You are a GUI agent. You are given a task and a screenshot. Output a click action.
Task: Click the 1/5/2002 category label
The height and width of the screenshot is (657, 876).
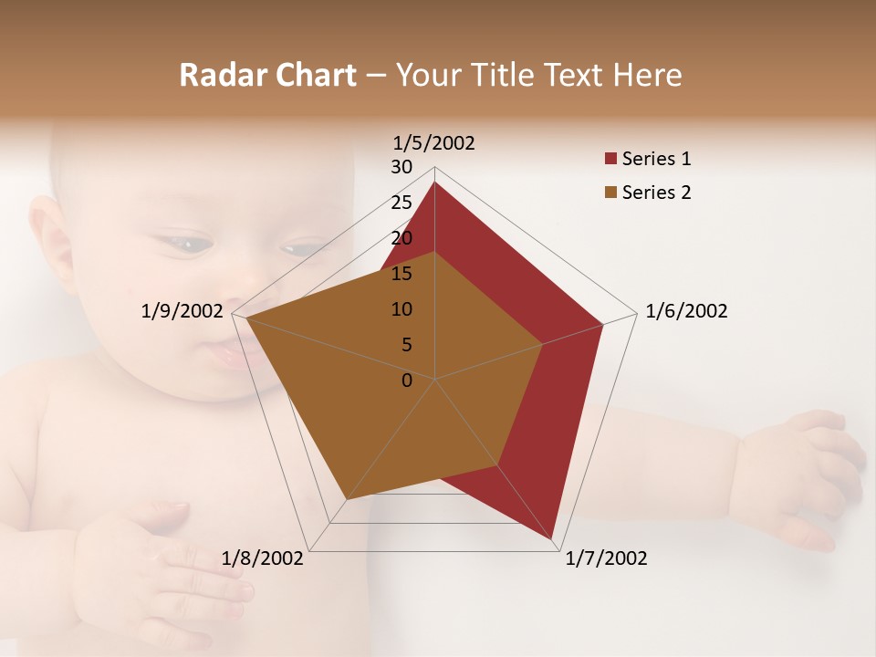click(433, 142)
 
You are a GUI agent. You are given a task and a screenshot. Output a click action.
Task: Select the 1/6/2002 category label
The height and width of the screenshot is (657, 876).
click(686, 311)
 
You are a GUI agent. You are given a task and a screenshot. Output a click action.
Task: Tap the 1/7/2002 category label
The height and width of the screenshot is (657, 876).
click(606, 558)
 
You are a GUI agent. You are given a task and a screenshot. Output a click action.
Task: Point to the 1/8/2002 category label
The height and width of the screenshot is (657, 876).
click(263, 558)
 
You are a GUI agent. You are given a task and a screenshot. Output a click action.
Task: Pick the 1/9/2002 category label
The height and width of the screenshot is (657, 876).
click(182, 311)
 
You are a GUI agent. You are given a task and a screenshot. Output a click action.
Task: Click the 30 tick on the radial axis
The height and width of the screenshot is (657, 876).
click(401, 167)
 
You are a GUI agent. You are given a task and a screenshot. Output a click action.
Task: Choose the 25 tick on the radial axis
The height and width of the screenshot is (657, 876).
click(401, 203)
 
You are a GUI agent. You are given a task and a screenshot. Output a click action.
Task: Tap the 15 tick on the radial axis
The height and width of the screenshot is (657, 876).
click(401, 274)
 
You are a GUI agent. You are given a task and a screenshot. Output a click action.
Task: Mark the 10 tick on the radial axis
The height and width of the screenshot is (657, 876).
click(401, 309)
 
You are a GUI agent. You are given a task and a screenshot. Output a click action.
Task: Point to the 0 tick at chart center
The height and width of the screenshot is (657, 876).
click(407, 381)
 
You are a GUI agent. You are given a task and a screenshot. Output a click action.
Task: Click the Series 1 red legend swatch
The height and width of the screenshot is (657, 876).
click(610, 160)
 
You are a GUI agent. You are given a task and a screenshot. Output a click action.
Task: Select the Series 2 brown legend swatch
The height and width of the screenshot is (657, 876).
click(610, 193)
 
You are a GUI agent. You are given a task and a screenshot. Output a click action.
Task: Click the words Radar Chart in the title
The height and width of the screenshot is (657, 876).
click(267, 75)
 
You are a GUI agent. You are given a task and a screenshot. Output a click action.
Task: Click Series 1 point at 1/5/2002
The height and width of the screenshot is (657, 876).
click(434, 182)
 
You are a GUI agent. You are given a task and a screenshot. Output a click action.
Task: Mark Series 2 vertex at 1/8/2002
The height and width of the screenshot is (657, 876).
click(346, 500)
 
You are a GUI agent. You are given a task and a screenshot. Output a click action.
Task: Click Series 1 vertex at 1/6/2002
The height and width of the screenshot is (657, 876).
click(603, 324)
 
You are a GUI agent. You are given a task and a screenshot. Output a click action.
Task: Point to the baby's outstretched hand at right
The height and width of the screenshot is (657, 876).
click(803, 474)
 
